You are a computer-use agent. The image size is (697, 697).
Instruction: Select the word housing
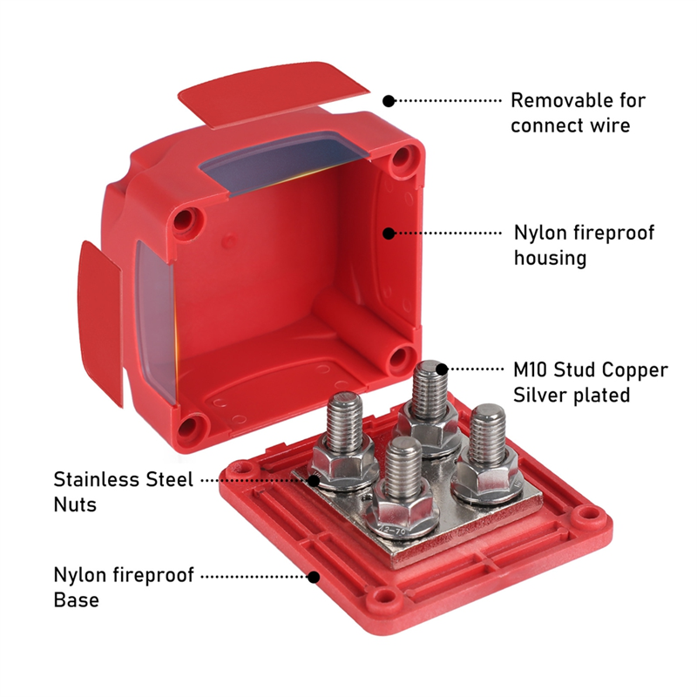point(550,258)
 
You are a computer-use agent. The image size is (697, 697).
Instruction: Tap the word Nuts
point(75,505)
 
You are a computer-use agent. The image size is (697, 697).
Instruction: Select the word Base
point(76,600)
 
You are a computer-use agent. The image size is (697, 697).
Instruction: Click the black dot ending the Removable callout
point(389,101)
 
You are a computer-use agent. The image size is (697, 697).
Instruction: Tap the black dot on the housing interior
point(389,233)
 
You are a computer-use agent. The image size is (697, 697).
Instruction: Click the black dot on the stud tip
point(442,369)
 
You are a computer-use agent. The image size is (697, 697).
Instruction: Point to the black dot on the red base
point(314,577)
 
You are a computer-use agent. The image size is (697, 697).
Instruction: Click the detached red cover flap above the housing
point(273,94)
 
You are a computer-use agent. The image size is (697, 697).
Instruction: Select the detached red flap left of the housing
point(100,322)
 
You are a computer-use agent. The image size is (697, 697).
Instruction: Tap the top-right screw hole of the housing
point(403,157)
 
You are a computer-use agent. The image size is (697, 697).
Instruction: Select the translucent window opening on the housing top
point(285,164)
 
